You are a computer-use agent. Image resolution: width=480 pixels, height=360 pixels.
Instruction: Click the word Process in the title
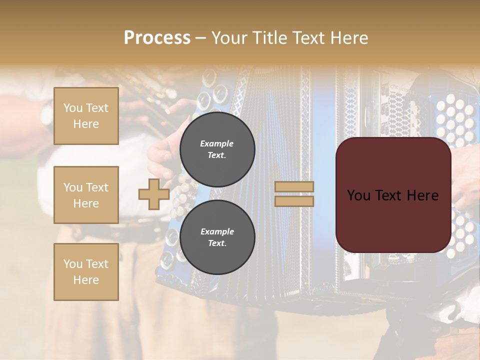[x=157, y=38]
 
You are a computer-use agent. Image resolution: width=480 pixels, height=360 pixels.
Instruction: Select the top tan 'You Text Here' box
[x=86, y=116]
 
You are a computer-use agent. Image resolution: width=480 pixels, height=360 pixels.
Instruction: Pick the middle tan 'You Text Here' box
[x=86, y=195]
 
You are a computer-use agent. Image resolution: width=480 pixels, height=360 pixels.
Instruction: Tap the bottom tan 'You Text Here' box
[x=86, y=272]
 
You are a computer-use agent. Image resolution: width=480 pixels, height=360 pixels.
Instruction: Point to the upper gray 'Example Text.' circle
[x=217, y=149]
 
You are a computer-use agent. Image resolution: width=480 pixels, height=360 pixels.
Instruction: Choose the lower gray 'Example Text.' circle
[x=217, y=237]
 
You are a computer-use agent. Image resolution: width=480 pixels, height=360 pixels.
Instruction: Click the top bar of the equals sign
[x=294, y=186]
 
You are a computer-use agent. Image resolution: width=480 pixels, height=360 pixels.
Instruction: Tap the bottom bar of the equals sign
[x=294, y=201]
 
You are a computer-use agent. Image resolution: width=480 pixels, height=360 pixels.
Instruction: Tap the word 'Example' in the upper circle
[x=217, y=143]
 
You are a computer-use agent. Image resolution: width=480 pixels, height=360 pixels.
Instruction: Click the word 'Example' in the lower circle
[x=217, y=231]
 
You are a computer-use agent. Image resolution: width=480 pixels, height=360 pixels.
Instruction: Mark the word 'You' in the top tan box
[x=73, y=108]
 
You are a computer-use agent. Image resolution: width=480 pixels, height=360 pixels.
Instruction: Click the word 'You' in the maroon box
[x=358, y=195]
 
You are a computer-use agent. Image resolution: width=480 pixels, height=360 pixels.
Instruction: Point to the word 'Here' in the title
[x=350, y=38]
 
